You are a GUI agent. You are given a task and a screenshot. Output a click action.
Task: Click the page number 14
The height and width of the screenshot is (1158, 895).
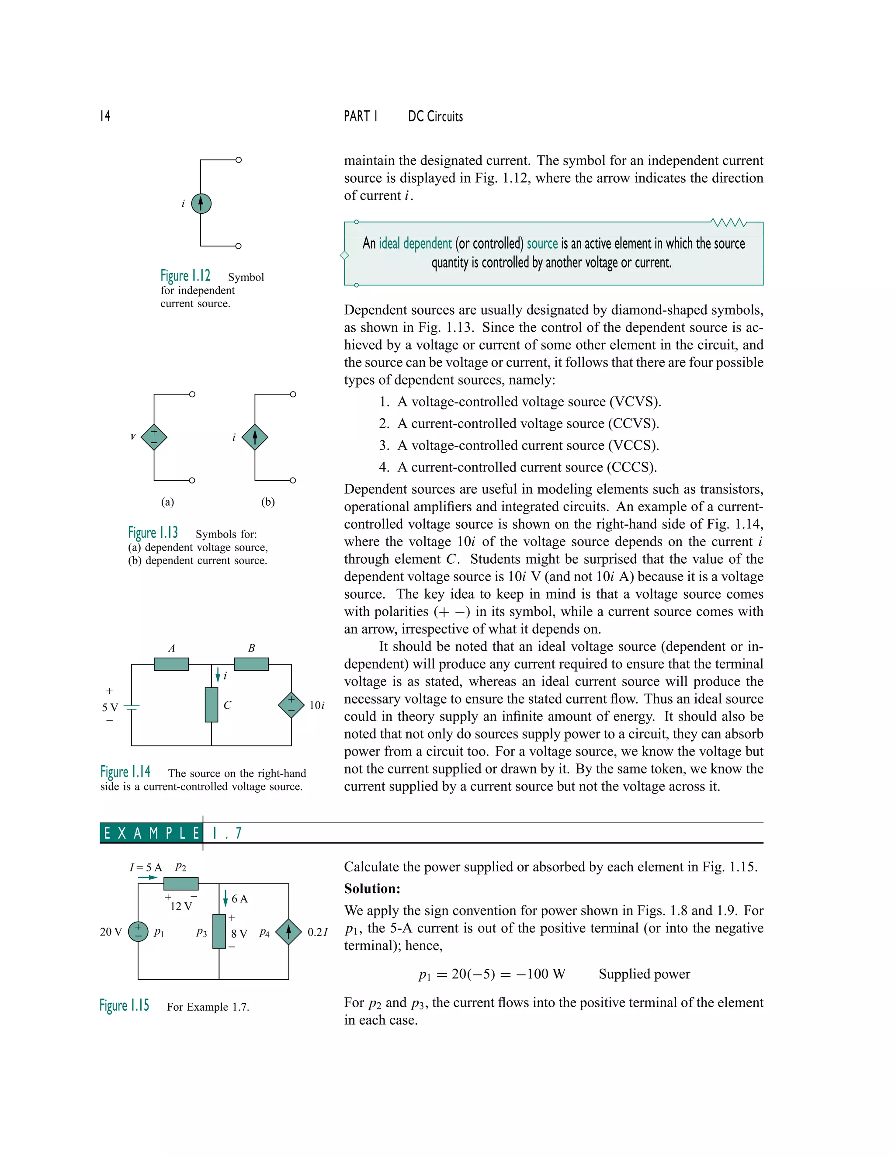105,116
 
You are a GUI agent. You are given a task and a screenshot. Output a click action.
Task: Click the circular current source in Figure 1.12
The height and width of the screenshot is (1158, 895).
201,203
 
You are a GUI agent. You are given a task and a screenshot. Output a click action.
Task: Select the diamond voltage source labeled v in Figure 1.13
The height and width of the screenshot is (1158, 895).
154,437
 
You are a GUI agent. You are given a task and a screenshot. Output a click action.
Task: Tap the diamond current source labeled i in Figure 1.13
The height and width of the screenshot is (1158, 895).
254,437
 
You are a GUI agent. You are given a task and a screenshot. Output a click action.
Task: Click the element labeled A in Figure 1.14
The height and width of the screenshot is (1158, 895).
171,664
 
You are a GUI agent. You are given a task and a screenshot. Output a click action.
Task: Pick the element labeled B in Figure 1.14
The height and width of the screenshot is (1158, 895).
251,664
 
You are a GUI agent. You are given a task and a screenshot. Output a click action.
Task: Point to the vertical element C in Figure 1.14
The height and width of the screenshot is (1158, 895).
212,705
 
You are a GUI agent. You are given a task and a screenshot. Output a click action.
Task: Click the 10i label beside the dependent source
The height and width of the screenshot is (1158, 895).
316,705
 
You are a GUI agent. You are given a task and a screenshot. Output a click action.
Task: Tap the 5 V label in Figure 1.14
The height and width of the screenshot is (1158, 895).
110,707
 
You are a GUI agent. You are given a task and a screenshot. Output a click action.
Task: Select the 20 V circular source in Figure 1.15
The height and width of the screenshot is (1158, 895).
138,932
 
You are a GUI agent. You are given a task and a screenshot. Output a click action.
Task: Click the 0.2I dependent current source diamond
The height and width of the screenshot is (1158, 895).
288,932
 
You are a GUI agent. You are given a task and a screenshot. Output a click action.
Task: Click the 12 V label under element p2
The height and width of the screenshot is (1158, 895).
181,906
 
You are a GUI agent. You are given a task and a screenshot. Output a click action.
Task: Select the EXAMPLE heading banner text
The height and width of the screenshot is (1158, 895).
151,833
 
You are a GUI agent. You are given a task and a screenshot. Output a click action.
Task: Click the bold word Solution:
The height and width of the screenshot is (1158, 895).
372,889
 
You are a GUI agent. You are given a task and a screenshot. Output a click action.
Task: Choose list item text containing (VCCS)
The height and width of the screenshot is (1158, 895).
527,445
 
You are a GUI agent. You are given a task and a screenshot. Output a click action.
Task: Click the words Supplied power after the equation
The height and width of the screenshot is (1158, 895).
644,974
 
